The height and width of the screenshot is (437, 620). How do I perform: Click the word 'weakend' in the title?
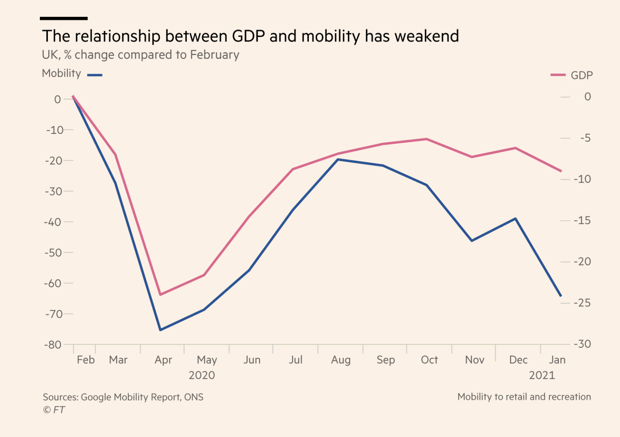[x=427, y=36]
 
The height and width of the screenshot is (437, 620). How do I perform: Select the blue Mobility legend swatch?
[x=95, y=75]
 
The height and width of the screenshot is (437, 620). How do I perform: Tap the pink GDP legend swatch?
[x=558, y=75]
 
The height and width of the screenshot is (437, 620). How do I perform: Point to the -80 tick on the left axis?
[x=53, y=344]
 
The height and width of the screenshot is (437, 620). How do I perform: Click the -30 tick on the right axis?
[x=582, y=344]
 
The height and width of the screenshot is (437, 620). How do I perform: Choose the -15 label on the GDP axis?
[x=582, y=220]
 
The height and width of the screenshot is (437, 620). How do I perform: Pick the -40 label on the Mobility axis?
[x=53, y=222]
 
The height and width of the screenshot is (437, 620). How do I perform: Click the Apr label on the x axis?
[x=163, y=360]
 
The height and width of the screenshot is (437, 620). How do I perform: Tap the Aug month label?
[x=341, y=360]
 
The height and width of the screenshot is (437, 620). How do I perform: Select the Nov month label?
[x=475, y=360]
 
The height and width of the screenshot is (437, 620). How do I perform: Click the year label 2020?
[x=202, y=375]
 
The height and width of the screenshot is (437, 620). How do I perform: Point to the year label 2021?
[x=542, y=375]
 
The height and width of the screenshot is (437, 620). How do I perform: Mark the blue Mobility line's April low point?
[x=160, y=330]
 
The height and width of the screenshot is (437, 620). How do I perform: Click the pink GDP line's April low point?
[x=160, y=295]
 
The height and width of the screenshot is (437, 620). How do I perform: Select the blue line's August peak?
[x=338, y=159]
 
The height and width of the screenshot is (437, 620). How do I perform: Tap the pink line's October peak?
[x=427, y=139]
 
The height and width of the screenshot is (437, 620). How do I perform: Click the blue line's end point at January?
[x=561, y=296]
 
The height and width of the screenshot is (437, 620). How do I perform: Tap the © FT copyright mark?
[x=54, y=410]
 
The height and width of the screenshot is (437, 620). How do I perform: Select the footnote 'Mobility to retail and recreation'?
[x=524, y=397]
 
